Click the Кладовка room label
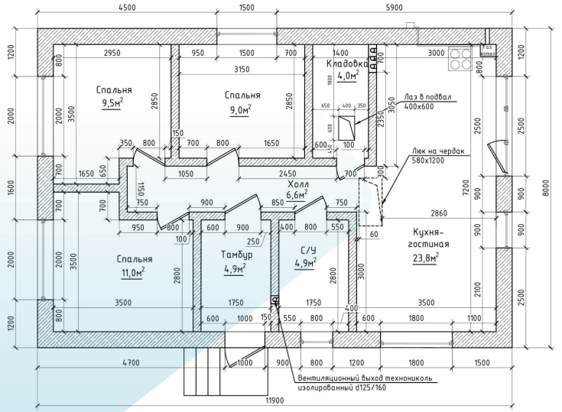point(348,63)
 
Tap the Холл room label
point(297,184)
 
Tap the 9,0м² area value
point(240,109)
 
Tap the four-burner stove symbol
point(460,59)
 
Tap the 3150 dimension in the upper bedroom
point(242,70)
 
